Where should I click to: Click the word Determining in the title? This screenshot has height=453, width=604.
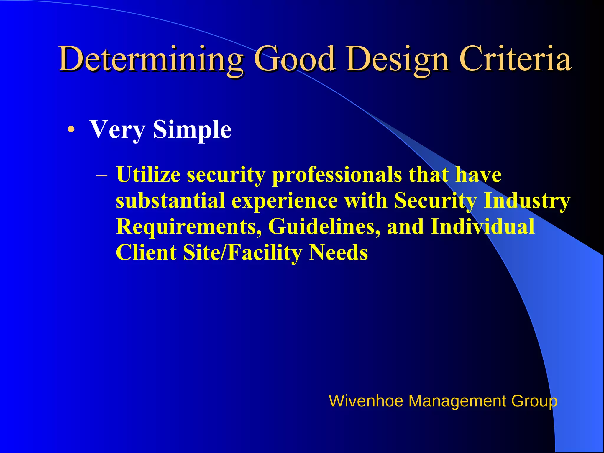click(x=151, y=59)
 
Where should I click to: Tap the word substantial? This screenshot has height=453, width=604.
click(x=170, y=201)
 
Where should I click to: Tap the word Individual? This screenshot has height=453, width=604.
click(x=482, y=226)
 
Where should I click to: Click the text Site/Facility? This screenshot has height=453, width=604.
click(x=242, y=253)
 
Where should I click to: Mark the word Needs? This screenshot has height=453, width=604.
click(x=338, y=253)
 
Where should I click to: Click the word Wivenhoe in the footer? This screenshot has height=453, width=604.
click(x=366, y=401)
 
